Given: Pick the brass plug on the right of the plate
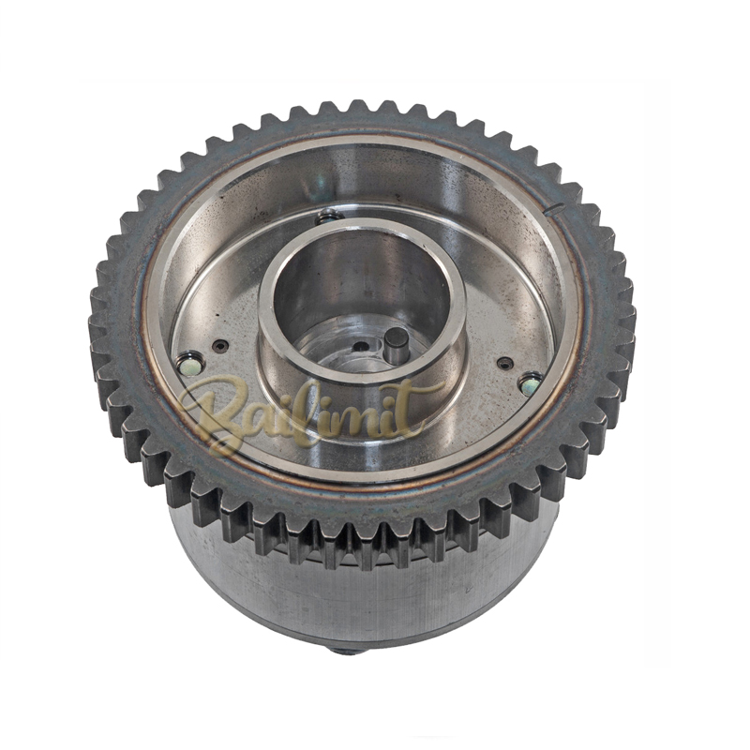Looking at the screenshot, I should coord(531,382).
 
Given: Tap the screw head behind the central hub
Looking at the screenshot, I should coord(329,217).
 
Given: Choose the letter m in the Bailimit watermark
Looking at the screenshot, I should coord(370,411).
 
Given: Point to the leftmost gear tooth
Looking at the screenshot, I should coord(97,328).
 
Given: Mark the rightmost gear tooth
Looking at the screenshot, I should coord(626,319).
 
